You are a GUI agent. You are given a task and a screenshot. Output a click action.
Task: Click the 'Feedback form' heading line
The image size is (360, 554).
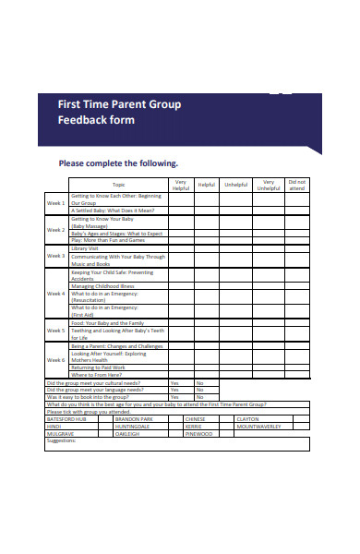pyautogui.click(x=96, y=120)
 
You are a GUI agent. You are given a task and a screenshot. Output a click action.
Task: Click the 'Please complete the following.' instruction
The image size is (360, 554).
pyautogui.click(x=118, y=163)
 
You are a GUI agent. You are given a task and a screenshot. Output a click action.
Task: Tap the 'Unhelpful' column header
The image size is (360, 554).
pyautogui.click(x=237, y=185)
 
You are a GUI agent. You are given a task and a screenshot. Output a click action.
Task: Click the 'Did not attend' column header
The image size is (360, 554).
pyautogui.click(x=297, y=185)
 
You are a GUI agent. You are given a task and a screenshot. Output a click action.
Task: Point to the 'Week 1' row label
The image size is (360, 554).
pyautogui.click(x=56, y=202)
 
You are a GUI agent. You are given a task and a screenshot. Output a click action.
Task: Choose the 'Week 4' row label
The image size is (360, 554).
pyautogui.click(x=56, y=294)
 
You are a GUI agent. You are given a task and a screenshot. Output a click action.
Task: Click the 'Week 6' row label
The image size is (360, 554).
pyautogui.click(x=56, y=359)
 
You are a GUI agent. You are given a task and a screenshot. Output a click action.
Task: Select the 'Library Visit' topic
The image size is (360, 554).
pyautogui.click(x=85, y=247)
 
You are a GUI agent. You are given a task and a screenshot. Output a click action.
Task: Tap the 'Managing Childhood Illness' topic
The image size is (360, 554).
pyautogui.click(x=102, y=286)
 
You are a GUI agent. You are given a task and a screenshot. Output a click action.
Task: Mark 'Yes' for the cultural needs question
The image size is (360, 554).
pyautogui.click(x=174, y=382)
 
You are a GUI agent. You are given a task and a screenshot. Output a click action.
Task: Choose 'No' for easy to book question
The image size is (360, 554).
pyautogui.click(x=200, y=397)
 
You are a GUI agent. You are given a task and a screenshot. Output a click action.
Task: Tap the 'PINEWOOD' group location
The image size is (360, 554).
pyautogui.click(x=198, y=433)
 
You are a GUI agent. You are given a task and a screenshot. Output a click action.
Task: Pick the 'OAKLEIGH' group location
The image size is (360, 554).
pyautogui.click(x=127, y=433)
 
